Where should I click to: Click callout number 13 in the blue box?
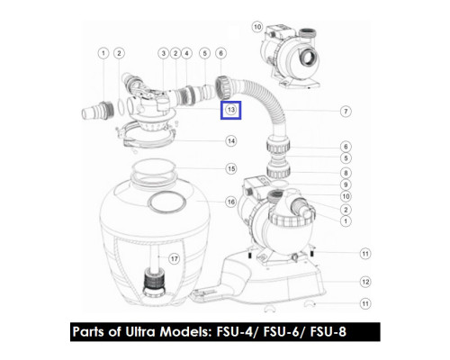click(x=230, y=110)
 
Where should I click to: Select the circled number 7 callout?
click(x=346, y=112)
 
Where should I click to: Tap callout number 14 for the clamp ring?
click(x=230, y=141)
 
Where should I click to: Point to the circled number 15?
click(x=230, y=168)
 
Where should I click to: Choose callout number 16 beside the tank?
click(x=230, y=202)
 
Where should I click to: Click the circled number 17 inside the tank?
click(x=175, y=258)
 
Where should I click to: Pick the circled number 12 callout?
click(x=365, y=282)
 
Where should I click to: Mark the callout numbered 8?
click(x=346, y=173)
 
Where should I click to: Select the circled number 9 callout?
click(x=346, y=184)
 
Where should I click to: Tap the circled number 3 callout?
click(x=163, y=53)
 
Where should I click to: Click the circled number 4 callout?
click(x=186, y=53)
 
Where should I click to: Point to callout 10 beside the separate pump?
click(x=257, y=27)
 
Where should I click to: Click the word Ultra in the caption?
click(x=140, y=331)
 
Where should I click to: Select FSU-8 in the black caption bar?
click(x=328, y=332)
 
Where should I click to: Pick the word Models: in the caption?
click(x=186, y=332)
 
